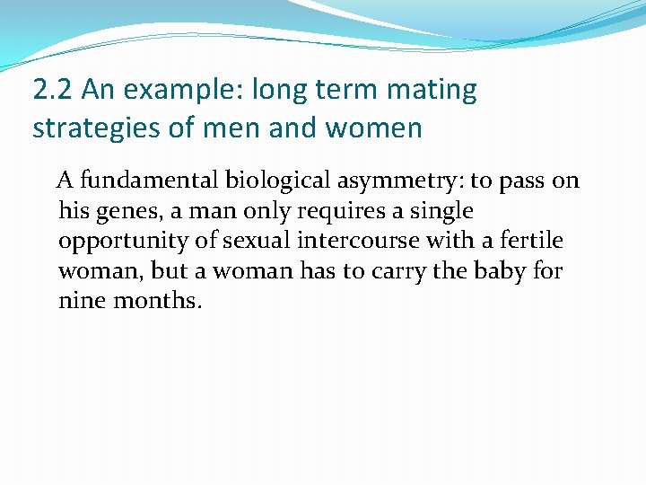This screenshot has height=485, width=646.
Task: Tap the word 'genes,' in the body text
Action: (x=119, y=211)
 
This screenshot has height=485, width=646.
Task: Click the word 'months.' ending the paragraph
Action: (x=158, y=301)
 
